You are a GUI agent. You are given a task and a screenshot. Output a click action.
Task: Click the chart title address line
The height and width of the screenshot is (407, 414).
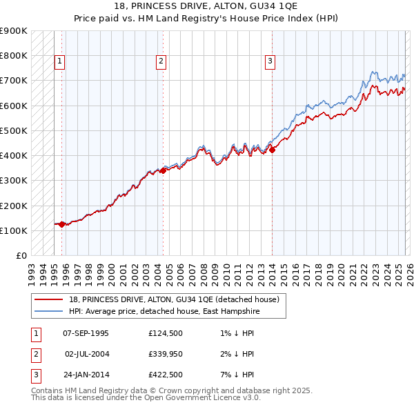click(x=207, y=7)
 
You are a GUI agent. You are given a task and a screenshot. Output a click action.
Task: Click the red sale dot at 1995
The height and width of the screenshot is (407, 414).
click(x=62, y=224)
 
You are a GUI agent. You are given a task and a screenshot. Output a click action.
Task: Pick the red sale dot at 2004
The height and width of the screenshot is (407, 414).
click(x=163, y=170)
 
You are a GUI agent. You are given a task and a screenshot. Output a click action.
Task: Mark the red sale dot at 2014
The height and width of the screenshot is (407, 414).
click(x=272, y=150)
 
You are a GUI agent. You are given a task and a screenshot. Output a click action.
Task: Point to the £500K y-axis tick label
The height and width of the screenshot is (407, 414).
click(x=14, y=130)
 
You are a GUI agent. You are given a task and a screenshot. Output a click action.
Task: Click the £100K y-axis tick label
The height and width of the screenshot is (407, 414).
click(x=14, y=230)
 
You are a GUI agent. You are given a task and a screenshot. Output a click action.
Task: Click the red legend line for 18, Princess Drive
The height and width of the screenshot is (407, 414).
click(x=49, y=299)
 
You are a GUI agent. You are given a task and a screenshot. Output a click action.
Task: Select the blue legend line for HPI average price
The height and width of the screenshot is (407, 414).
click(x=49, y=312)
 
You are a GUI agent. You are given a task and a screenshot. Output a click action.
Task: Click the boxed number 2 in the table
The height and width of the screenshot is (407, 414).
click(x=34, y=354)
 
